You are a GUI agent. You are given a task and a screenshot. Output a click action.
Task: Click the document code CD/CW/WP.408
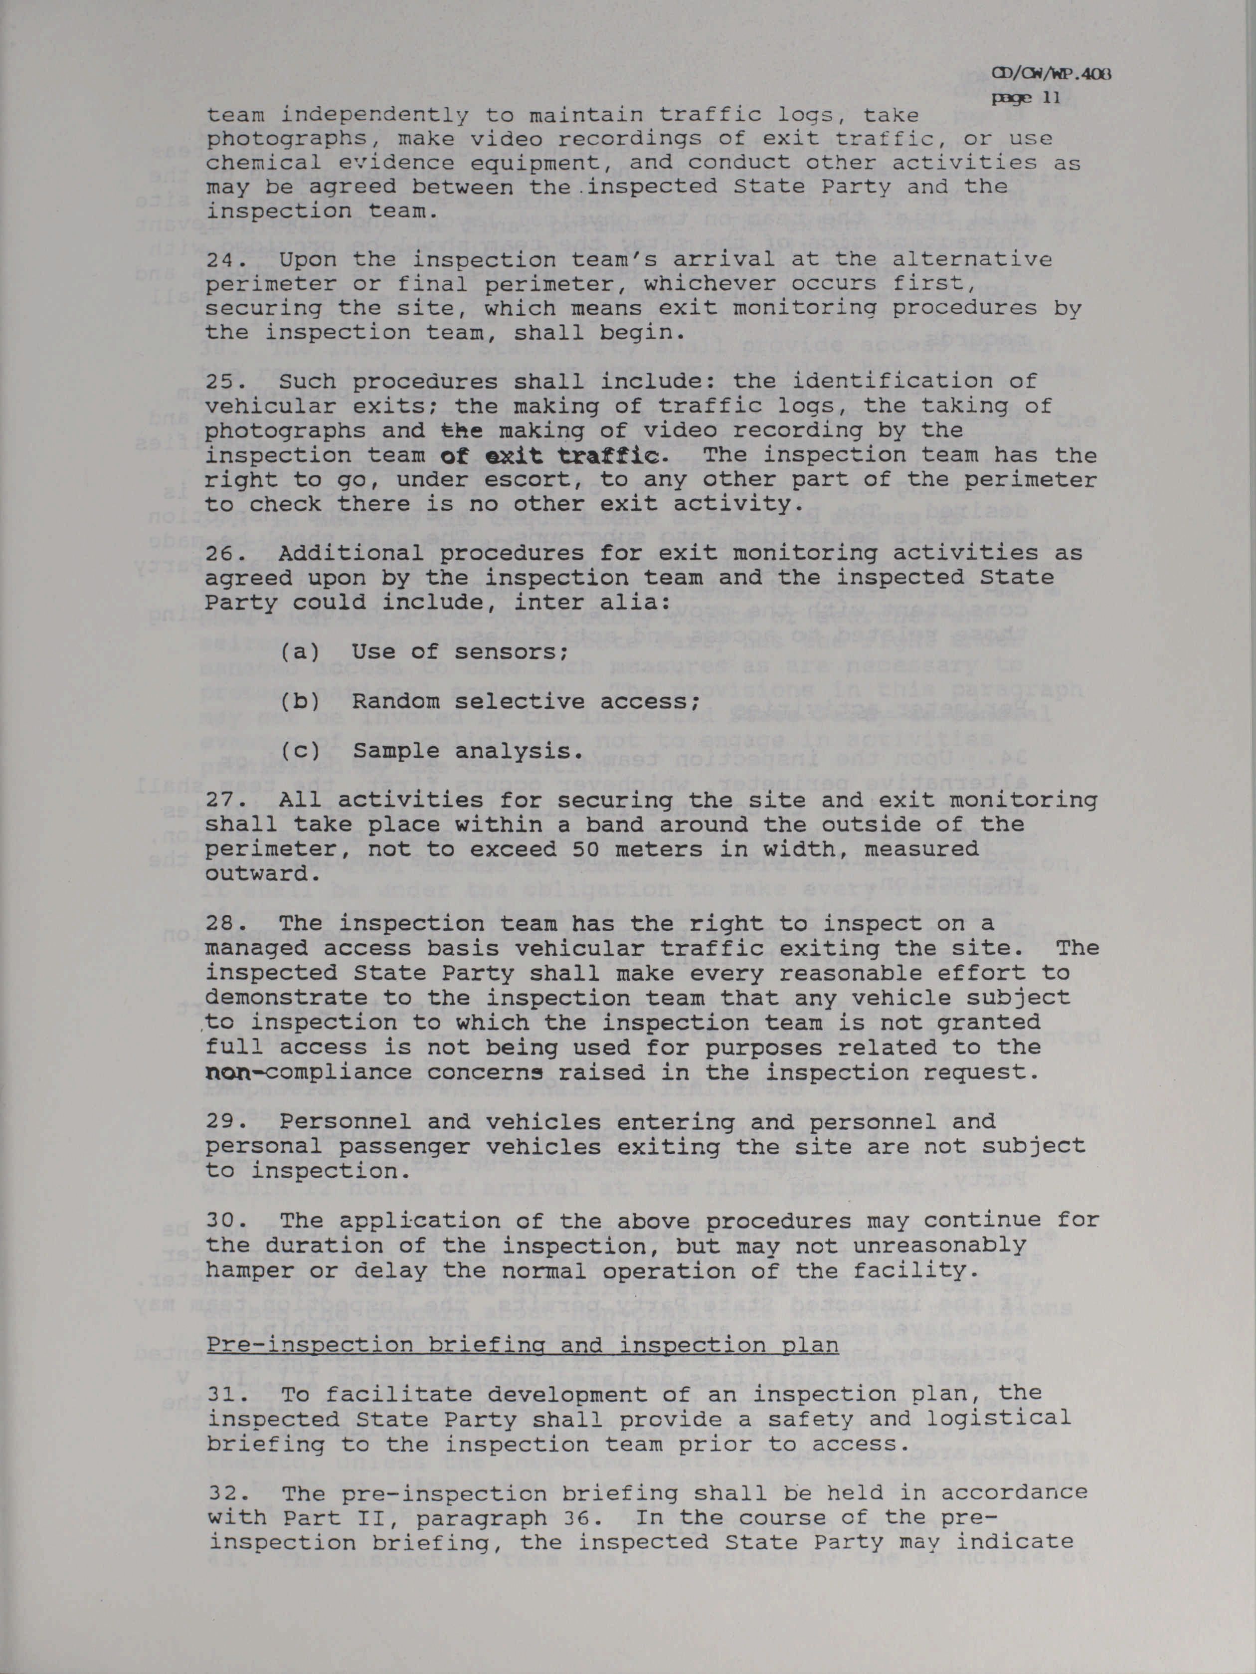pos(1053,74)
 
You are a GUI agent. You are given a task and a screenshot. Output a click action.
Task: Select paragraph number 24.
pos(219,259)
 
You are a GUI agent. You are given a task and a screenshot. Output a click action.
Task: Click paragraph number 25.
pos(219,382)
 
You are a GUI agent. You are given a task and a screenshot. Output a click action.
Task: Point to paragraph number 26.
pos(219,553)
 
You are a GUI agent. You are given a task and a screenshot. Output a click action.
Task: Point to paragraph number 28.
pos(219,923)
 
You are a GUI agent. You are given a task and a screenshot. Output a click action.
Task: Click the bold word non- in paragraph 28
pos(228,1072)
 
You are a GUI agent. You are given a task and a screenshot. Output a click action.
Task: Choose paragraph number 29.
pos(219,1121)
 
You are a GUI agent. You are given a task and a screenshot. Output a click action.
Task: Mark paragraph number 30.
pos(219,1221)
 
